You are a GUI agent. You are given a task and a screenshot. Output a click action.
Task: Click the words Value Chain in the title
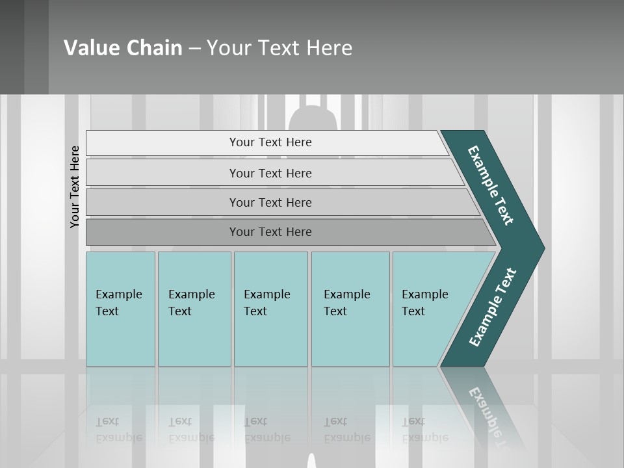[x=123, y=48]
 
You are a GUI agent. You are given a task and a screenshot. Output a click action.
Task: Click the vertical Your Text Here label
[x=75, y=187]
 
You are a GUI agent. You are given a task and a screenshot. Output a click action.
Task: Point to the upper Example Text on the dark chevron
[x=491, y=185]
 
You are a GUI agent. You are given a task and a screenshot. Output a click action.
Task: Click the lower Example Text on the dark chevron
[x=492, y=307]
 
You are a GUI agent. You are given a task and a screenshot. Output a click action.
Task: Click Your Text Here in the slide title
[x=279, y=48]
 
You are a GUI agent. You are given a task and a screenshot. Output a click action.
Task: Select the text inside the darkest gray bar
[x=270, y=232]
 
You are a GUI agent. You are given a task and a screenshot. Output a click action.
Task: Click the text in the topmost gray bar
[x=270, y=142]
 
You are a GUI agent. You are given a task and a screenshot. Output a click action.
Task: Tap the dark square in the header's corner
[x=24, y=47]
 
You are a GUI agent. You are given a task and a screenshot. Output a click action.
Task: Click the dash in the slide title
[x=194, y=49]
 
